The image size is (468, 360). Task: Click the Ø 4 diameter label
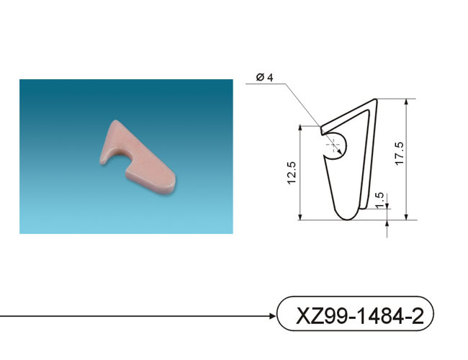[x=264, y=77]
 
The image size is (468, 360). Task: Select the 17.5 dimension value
[x=400, y=153]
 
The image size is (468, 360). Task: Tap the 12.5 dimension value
[x=292, y=173]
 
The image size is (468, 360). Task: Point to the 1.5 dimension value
[x=379, y=200]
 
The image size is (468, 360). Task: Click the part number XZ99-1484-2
[x=359, y=316]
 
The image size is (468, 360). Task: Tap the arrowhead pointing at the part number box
[x=273, y=316]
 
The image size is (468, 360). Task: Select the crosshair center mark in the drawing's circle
[x=333, y=146]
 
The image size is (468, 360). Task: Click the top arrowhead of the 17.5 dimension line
[x=406, y=102]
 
